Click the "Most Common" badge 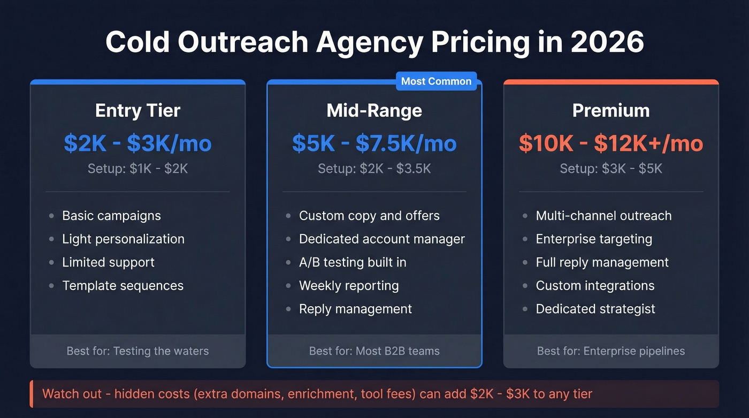pos(436,81)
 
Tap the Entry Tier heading pos(137,111)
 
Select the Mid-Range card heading pos(374,111)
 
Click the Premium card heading pos(611,111)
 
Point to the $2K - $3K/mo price pos(137,143)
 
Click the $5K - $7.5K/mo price pos(374,143)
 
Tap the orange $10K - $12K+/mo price pos(611,143)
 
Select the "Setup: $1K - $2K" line pos(137,169)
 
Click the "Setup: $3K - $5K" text pos(611,169)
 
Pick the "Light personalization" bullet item pos(123,239)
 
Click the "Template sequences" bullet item pos(123,286)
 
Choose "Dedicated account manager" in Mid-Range pos(381,239)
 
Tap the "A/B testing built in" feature pos(353,262)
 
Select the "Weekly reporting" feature pos(349,286)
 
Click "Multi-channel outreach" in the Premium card pos(603,216)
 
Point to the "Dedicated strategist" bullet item pos(595,309)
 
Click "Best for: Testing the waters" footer pos(137,352)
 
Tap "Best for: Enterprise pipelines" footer pos(611,352)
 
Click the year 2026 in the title pos(607,42)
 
